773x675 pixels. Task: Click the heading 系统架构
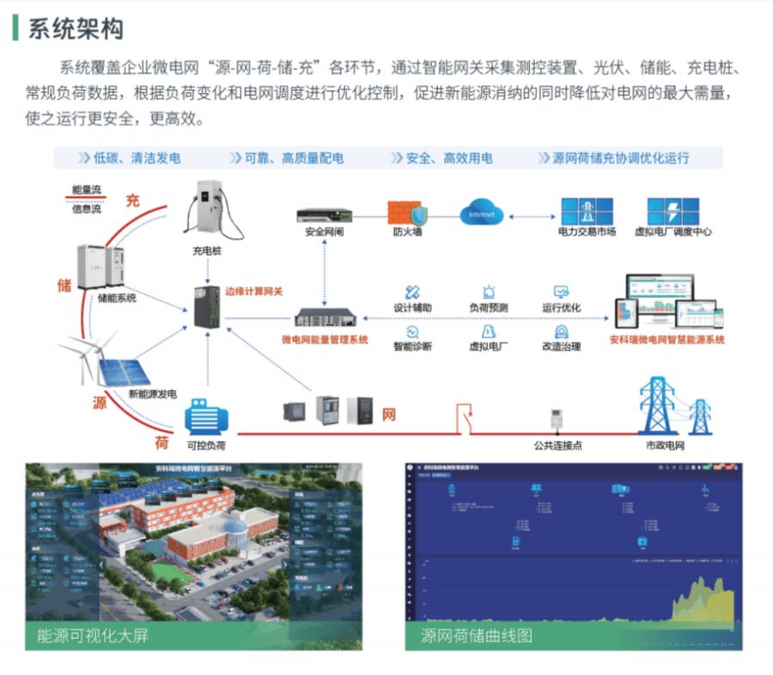tap(76, 27)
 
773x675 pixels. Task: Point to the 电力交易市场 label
tap(587, 232)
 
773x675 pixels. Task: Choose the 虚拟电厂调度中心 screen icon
tap(673, 210)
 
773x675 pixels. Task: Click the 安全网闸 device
tap(325, 214)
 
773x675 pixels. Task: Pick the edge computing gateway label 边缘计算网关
tap(254, 292)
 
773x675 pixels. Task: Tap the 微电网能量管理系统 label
tap(325, 340)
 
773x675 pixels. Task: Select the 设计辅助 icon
tap(412, 292)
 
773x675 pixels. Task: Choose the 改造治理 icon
tap(562, 331)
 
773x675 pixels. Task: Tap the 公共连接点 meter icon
tap(557, 422)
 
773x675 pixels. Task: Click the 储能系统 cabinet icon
tap(102, 265)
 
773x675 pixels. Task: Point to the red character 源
tap(100, 403)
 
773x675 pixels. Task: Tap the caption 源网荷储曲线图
tap(477, 636)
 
